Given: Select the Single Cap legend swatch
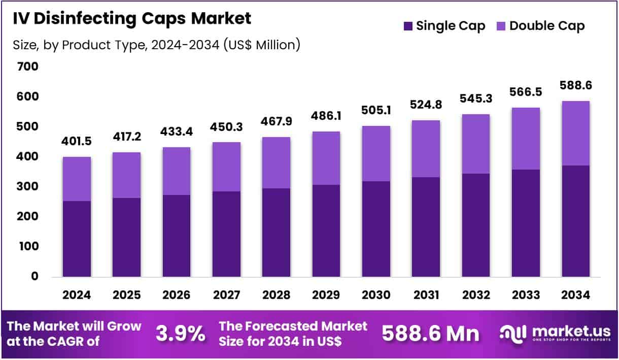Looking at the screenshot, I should [x=407, y=26].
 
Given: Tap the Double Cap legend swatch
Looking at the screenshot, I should [x=501, y=26].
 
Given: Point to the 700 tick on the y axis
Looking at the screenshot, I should [x=27, y=67].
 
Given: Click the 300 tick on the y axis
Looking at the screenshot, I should [x=27, y=186].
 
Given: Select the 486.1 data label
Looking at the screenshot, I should [x=326, y=117].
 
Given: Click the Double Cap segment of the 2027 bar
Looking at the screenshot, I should [x=226, y=167].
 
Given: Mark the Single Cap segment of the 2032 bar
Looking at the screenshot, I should [x=475, y=225].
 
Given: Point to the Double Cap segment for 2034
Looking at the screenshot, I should [x=575, y=133].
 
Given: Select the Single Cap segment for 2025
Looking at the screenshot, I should [x=126, y=237].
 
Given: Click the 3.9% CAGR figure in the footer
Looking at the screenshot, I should [x=180, y=334].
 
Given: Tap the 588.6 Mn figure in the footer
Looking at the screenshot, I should [x=430, y=334].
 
